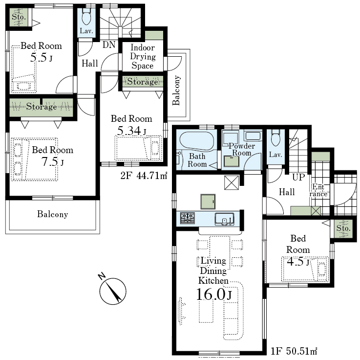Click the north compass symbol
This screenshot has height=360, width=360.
click(112, 290)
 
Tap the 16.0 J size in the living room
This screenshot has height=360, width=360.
click(214, 294)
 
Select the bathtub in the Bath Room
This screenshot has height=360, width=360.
click(197, 142)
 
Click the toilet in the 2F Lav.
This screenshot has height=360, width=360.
click(86, 17)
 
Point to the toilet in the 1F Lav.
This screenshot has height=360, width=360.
click(275, 138)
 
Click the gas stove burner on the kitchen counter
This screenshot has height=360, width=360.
click(188, 218)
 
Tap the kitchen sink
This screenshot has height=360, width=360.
click(225, 219)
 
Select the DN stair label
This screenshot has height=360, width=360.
click(109, 45)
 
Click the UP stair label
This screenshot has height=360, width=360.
click(298, 177)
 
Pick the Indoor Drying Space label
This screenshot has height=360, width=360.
click(143, 57)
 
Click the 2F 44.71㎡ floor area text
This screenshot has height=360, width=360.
click(144, 176)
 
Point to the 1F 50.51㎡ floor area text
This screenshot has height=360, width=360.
click(294, 351)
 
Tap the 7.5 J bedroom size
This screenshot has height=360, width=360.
click(52, 161)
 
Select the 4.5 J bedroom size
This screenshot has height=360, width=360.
click(298, 261)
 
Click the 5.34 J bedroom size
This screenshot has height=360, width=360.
click(131, 131)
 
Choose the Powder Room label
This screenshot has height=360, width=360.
click(241, 149)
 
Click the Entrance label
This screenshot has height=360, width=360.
click(318, 190)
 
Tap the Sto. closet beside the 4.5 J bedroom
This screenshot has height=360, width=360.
click(343, 228)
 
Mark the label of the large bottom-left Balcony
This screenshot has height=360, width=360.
click(53, 214)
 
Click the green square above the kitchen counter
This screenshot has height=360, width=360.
click(208, 202)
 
